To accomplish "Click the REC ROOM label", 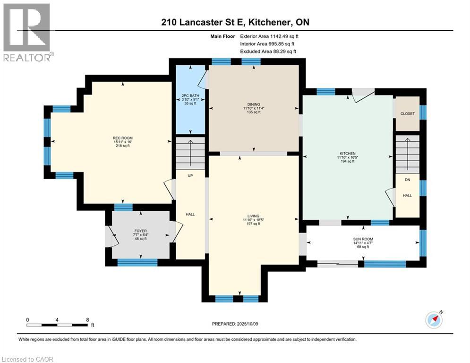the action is tap(123, 138).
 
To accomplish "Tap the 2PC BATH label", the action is tap(190, 95).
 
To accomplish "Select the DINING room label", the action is tap(254, 104).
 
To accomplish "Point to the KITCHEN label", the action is tap(348, 153).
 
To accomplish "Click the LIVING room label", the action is tap(253, 216).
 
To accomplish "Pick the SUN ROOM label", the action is tap(363, 239).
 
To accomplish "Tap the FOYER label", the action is tap(141, 231).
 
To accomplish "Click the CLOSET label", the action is tap(408, 114).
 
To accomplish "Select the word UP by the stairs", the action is tap(190, 176).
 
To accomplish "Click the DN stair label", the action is tap(407, 180).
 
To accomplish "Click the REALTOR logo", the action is tap(27, 33).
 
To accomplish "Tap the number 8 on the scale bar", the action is tap(87, 320).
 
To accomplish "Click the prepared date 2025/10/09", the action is tap(248, 324).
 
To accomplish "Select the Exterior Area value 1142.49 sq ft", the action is tap(284, 36).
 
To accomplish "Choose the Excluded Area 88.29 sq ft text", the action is tap(268, 52).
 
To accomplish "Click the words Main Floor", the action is tap(222, 36).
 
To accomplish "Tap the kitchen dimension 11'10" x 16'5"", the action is tap(348, 157).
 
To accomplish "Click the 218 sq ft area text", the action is tap(123, 146).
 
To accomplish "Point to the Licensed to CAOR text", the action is tap(27, 359).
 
